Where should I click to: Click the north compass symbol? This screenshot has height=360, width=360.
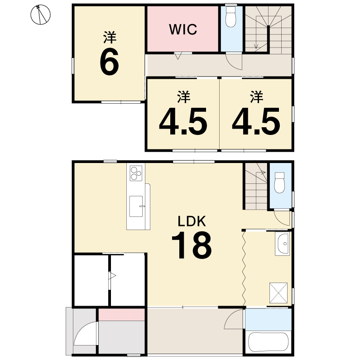[40, 14]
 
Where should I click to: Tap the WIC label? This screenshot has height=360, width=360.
[183, 29]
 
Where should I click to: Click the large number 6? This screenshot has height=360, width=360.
[109, 62]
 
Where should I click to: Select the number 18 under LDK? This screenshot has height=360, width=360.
[192, 245]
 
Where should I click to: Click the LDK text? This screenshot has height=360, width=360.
[192, 221]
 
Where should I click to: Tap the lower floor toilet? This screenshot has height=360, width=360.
[280, 182]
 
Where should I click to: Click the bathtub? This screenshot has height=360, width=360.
[269, 341]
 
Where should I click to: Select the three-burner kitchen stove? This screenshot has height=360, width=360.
[136, 173]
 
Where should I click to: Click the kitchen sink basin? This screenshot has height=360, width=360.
[136, 206]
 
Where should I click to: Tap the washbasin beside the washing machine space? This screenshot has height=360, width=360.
[282, 244]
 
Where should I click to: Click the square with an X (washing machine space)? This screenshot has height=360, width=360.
[278, 293]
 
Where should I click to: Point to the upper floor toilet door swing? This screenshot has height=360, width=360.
[234, 61]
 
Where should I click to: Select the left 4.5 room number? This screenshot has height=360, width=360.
[183, 121]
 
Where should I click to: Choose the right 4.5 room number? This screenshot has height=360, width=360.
[256, 121]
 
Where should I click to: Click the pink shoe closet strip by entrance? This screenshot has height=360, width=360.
[122, 315]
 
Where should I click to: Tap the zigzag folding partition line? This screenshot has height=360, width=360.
[244, 269]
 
